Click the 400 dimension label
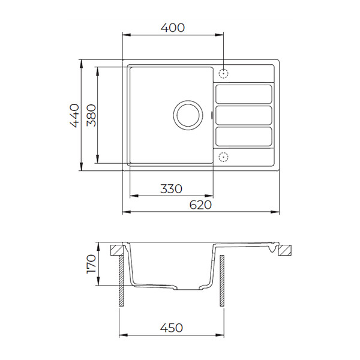172,28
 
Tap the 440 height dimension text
74,115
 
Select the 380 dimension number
91,115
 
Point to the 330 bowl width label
171,189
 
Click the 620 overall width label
200,205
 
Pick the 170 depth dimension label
91,263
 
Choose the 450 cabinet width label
171,328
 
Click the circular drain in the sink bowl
188,115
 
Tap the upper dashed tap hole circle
223,74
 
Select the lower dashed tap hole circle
223,157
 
